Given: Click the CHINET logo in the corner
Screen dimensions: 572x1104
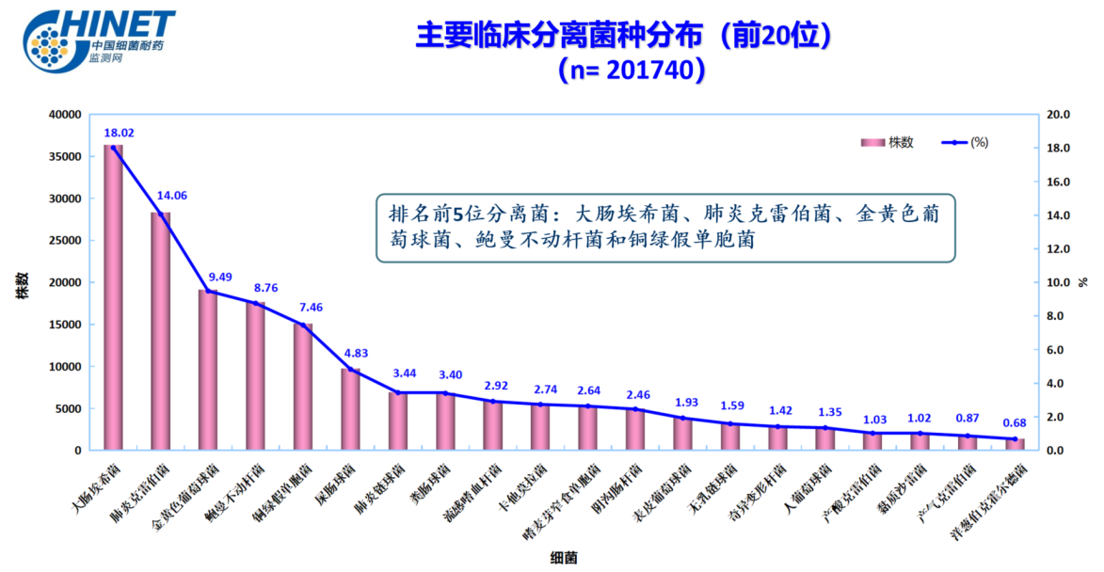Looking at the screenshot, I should (x=100, y=39).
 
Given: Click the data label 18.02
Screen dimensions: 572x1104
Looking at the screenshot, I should (x=119, y=133).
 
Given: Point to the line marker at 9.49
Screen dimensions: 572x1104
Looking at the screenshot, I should (x=208, y=292).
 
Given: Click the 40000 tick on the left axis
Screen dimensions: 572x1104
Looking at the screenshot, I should (x=65, y=115).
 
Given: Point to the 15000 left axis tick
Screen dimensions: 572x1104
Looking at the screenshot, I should (x=65, y=325).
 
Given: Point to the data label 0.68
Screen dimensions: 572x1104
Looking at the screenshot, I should (x=1015, y=422).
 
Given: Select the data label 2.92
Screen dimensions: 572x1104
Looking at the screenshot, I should (x=495, y=386).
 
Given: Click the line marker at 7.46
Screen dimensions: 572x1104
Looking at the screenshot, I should (x=303, y=326).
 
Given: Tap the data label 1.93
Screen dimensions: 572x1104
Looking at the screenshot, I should (x=686, y=403).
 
